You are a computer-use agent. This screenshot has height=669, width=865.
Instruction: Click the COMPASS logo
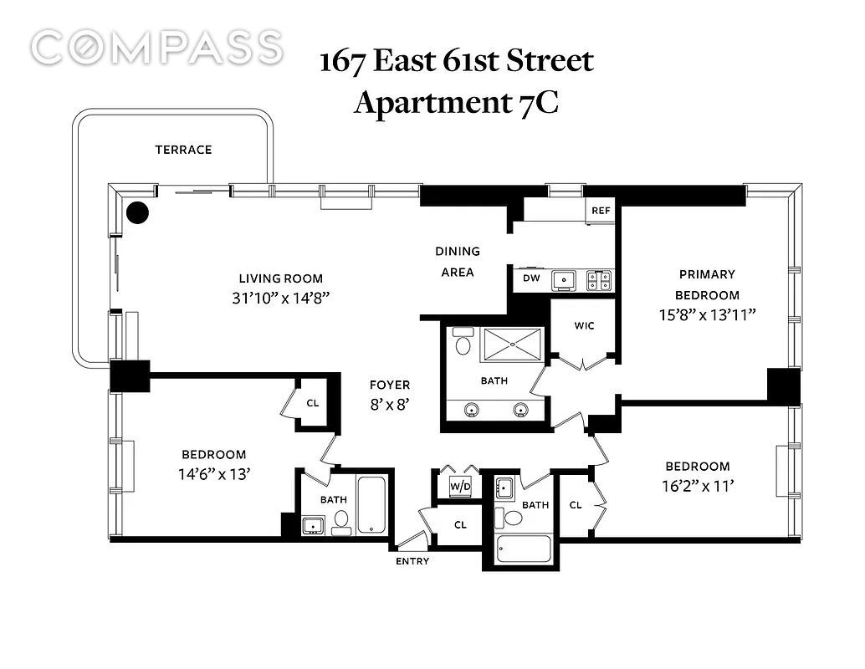156,48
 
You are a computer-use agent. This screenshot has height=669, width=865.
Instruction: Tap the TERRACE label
183,150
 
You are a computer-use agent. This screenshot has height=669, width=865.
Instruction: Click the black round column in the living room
137,212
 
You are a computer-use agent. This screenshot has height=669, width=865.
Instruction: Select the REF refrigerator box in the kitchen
600,211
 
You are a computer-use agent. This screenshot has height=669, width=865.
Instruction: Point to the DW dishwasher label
531,278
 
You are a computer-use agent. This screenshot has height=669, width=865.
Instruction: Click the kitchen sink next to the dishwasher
564,280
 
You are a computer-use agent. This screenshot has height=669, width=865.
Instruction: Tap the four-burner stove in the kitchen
599,280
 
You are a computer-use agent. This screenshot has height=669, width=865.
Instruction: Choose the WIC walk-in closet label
584,325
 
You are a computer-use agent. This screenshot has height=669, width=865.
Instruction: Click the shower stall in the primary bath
513,345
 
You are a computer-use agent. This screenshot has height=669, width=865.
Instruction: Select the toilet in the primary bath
463,341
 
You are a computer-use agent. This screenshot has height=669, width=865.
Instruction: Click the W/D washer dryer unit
460,486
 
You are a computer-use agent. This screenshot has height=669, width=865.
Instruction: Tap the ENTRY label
412,561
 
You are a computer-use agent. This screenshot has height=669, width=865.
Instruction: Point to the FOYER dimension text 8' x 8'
390,404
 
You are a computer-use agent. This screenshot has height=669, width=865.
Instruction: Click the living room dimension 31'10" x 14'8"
281,298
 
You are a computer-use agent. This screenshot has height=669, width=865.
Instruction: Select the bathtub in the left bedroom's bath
373,504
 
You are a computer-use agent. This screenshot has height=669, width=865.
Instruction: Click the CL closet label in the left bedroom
313,403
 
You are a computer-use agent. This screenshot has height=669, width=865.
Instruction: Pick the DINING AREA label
458,262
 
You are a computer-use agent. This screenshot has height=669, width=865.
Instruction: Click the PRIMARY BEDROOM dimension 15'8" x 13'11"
707,314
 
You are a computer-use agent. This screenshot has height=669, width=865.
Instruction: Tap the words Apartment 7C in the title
456,103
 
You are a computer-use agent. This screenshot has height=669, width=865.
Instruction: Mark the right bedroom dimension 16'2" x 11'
698,486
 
